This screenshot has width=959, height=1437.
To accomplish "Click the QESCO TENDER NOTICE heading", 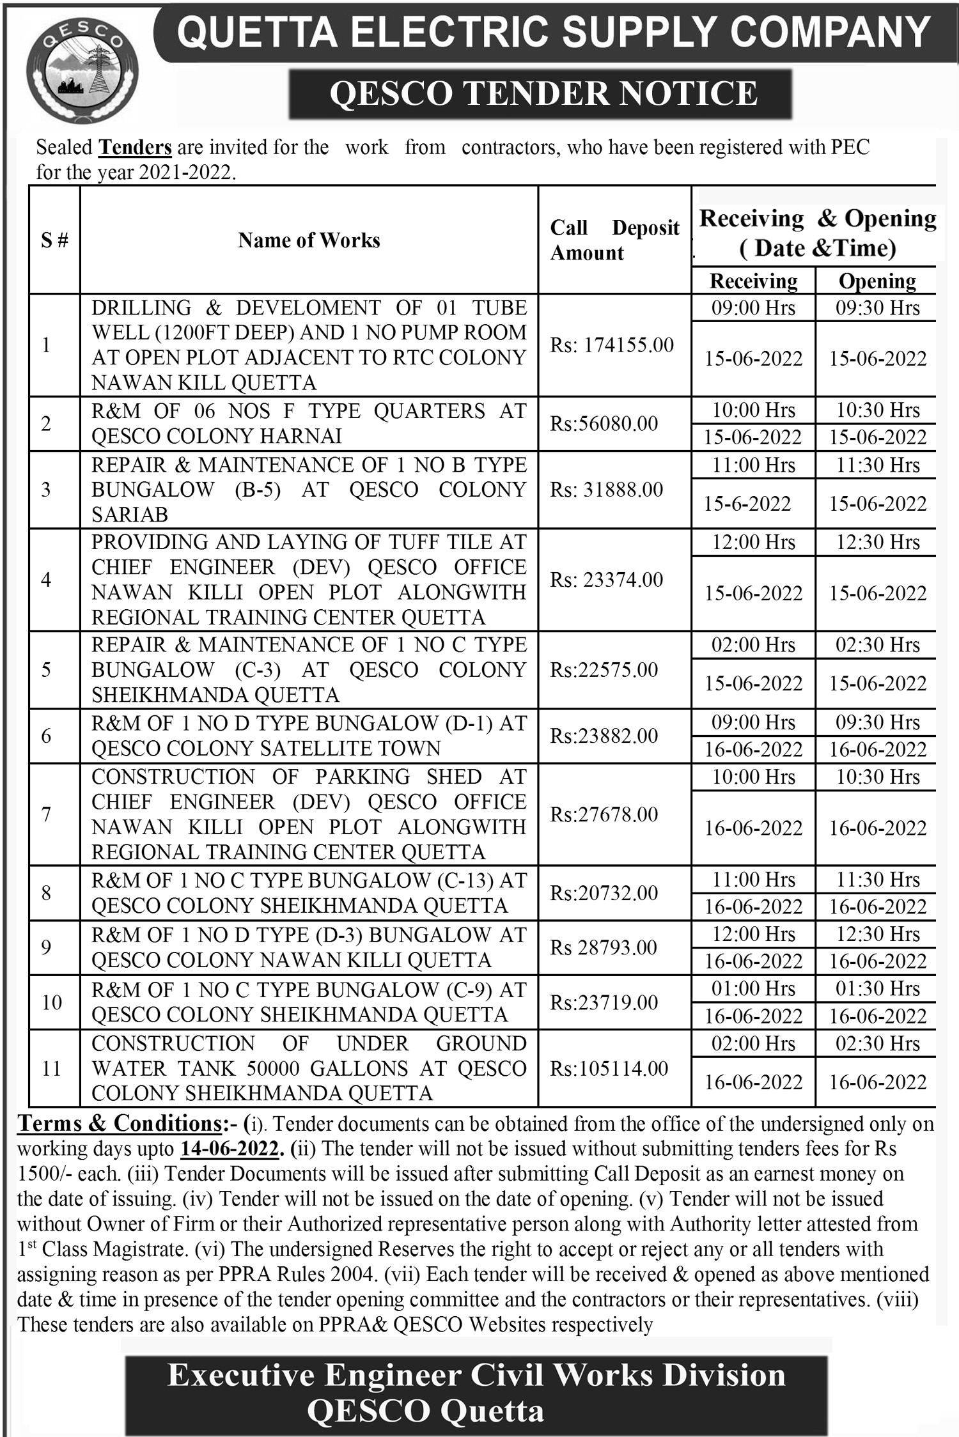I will coord(543,93).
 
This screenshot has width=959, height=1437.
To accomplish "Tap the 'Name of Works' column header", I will coord(309,240).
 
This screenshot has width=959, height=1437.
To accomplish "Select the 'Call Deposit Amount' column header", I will coord(614,240).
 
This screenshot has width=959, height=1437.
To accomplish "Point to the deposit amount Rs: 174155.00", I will coord(612,345).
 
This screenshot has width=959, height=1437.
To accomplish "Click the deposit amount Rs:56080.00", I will coord(604,423).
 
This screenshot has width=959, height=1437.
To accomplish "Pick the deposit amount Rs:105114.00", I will coord(609,1068).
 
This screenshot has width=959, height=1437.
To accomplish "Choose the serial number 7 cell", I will coord(46,814).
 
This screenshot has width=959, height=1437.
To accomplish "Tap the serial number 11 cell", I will coord(51,1068).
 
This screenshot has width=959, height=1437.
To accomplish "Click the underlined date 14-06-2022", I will coord(230,1149).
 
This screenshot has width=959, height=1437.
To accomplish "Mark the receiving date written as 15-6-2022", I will coord(747,504).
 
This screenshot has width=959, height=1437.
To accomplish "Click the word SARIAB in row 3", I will coord(130,515).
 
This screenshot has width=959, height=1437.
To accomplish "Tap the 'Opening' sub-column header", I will coord(877,281).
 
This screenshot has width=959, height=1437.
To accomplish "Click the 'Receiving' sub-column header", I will coord(754,281).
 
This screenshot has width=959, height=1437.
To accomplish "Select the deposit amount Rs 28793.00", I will coord(604,947).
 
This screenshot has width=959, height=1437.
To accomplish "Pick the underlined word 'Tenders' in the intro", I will coord(135,148).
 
